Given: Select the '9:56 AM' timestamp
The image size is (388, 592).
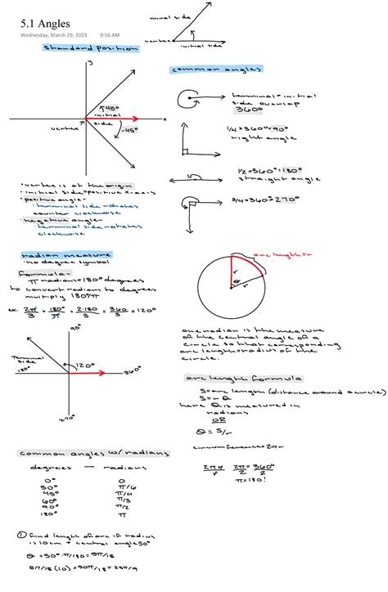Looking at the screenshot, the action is (x=109, y=35).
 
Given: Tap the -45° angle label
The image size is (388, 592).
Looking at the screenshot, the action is (x=128, y=129).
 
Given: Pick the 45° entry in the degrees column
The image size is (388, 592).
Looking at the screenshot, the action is (x=53, y=494).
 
